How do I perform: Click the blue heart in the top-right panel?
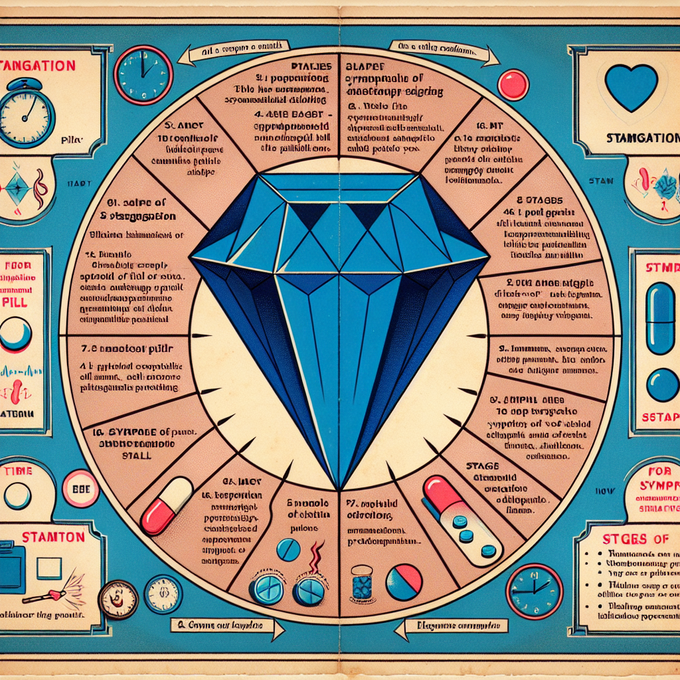(631, 87)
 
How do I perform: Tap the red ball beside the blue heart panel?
(513, 85)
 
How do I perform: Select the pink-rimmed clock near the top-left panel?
(143, 74)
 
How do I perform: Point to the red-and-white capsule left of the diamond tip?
(166, 505)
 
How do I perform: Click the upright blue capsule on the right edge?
(660, 318)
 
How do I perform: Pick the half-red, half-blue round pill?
(404, 582)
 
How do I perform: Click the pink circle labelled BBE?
(80, 488)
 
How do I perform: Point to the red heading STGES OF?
(627, 539)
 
